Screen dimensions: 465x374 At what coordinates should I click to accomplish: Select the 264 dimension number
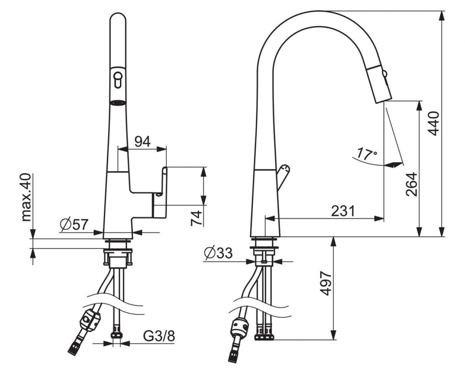411,184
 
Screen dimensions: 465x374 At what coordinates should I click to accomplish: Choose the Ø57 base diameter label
74,225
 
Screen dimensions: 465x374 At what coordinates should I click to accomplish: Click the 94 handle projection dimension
143,142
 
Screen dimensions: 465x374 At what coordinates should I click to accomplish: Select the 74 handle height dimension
196,218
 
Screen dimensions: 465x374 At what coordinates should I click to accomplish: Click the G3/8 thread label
159,336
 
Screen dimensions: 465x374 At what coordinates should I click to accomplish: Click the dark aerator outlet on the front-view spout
118,103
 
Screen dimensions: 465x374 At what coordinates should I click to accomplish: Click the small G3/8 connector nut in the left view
117,336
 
